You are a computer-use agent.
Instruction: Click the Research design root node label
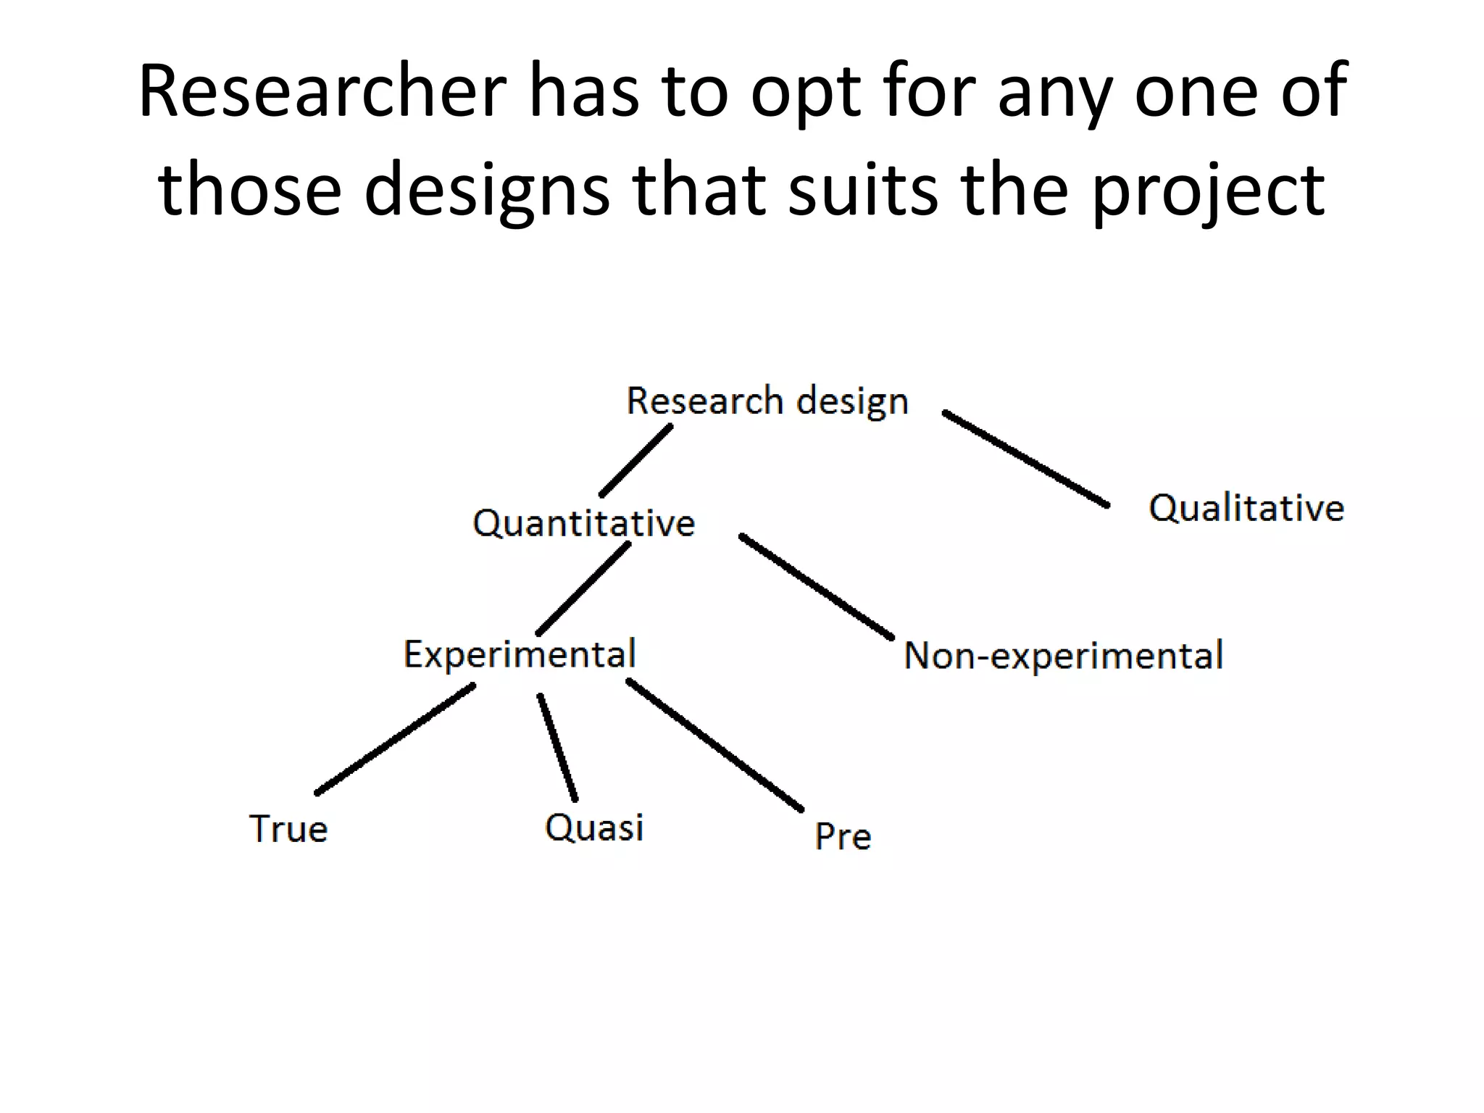pos(767,401)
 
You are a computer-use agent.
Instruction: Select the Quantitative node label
pos(583,522)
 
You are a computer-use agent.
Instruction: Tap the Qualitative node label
pos(1246,507)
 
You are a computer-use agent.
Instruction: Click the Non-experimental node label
pos(1064,655)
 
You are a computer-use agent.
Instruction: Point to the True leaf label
pos(288,828)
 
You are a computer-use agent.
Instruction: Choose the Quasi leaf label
pos(594,828)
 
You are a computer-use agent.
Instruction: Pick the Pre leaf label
pos(843,836)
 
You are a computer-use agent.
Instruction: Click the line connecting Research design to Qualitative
pos(1025,458)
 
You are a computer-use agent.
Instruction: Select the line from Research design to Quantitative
pos(636,460)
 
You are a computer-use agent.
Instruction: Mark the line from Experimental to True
pos(395,739)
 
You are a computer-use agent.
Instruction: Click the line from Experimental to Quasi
pos(557,748)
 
